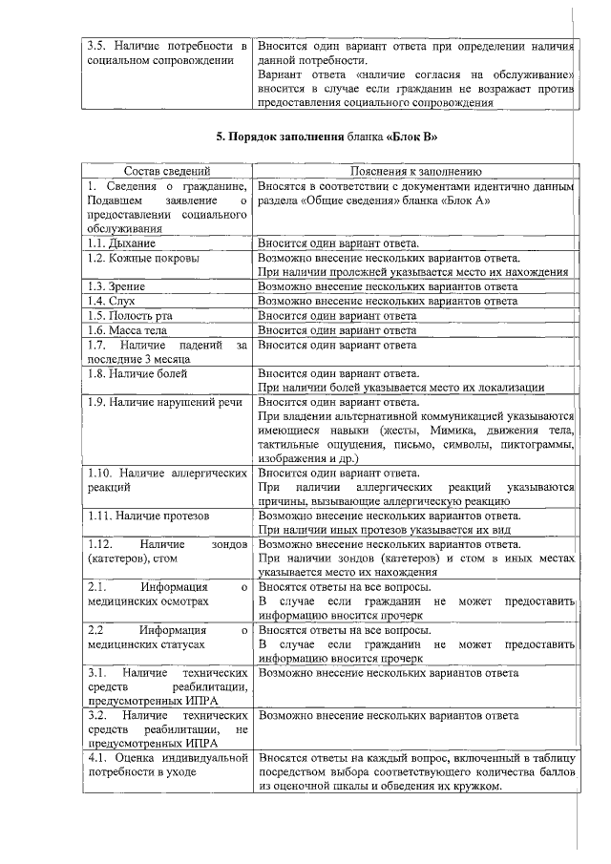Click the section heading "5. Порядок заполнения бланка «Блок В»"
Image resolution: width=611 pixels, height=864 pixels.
(327, 137)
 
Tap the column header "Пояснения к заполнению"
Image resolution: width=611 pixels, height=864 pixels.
(415, 170)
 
